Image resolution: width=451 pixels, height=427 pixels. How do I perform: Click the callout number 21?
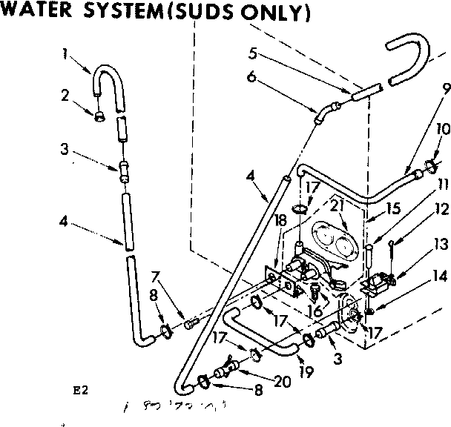317,204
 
